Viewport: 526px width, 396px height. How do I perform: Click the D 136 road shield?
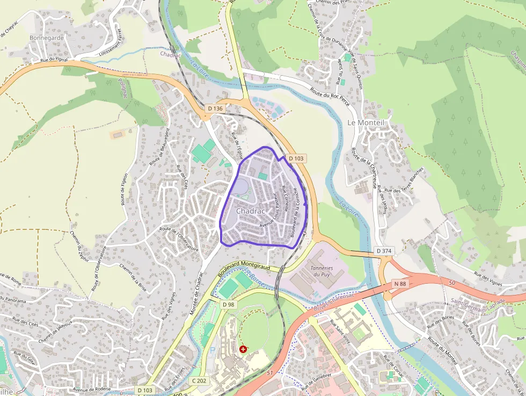(x=215, y=109)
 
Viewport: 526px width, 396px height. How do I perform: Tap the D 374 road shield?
(x=384, y=251)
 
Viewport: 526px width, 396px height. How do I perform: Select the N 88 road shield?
(x=399, y=284)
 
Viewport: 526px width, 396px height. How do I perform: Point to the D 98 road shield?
(x=229, y=305)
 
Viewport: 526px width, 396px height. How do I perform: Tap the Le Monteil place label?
(x=366, y=123)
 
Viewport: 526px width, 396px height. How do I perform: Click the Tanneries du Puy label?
(x=322, y=271)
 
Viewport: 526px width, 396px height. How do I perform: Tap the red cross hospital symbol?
(x=244, y=349)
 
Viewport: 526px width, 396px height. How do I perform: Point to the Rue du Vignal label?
(x=54, y=61)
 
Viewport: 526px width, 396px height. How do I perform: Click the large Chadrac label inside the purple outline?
(x=251, y=212)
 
